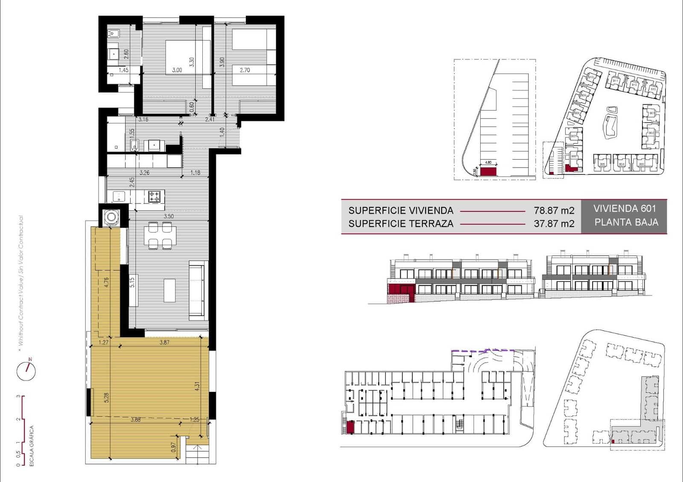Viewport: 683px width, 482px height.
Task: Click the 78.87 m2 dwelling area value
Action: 554,210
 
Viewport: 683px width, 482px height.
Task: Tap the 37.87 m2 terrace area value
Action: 554,224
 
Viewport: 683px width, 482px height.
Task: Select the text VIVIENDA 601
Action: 624,209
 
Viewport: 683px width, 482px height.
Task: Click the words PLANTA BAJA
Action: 626,222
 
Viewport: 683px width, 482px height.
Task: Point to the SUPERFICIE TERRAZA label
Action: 400,224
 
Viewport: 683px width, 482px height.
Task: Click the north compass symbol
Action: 26,370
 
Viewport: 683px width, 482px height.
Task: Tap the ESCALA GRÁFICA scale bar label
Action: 31,446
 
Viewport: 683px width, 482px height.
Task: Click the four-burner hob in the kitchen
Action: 154,197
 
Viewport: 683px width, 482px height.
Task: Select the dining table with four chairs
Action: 161,235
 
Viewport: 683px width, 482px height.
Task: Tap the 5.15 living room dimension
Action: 132,282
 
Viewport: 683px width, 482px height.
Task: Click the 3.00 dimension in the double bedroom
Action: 177,70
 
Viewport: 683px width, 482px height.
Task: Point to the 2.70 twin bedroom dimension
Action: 245,70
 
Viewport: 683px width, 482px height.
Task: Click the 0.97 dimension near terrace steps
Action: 174,447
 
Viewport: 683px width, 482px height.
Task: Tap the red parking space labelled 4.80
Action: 488,171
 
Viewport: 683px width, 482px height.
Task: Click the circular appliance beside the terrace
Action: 112,217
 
